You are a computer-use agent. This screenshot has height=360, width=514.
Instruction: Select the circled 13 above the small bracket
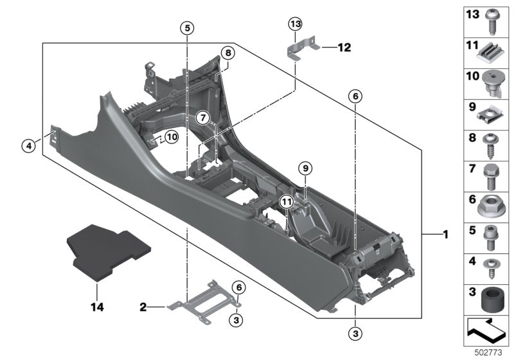point(294,24)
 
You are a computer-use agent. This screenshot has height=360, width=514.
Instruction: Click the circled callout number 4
point(28,147)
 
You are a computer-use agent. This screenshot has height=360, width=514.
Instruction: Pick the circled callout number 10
point(171,136)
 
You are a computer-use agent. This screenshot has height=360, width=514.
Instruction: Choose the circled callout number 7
point(202,118)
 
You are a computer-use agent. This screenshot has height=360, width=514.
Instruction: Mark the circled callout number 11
point(287,203)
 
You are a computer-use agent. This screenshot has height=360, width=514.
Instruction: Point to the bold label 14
point(96,308)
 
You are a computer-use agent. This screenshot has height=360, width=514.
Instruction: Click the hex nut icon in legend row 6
point(490,206)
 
